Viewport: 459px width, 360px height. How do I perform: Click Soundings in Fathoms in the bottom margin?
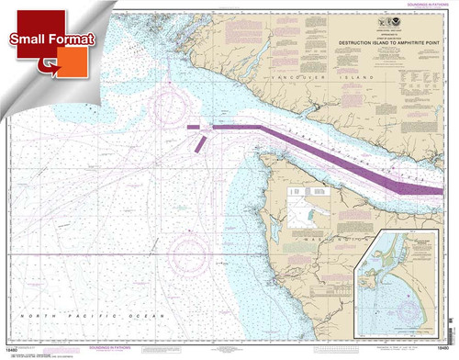point(229,348)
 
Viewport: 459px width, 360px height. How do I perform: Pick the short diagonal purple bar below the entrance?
point(200,143)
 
